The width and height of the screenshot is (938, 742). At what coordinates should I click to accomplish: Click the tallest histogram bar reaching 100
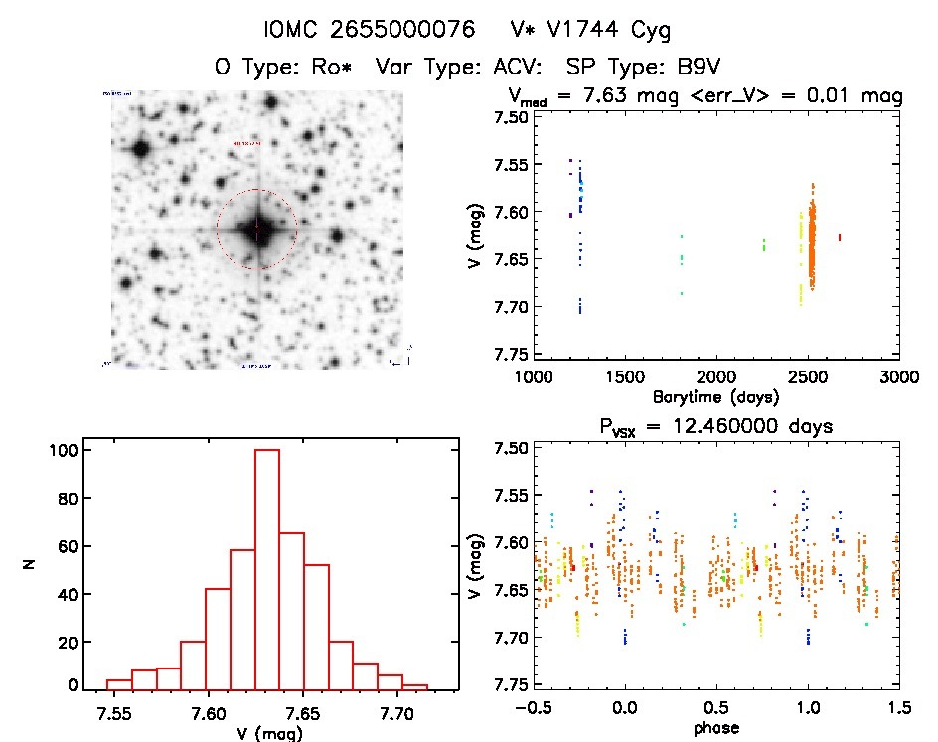[x=267, y=568]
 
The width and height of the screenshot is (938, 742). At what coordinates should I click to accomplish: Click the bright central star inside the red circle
[x=256, y=229]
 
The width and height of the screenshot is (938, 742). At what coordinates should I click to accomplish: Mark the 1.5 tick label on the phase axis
[x=898, y=711]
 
